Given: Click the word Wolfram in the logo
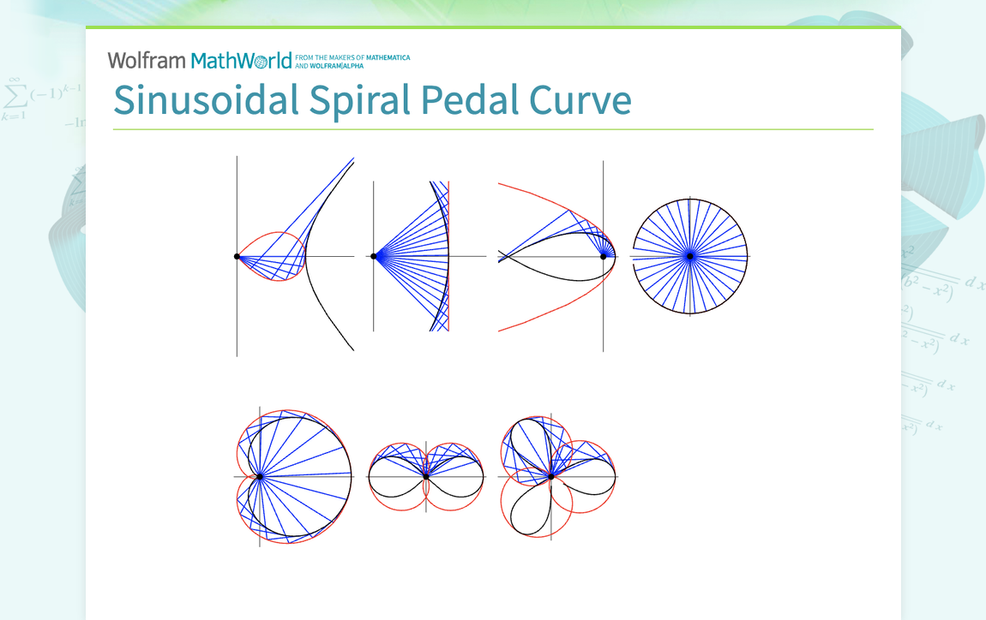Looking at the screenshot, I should coord(147,60).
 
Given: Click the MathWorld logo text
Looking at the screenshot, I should coord(242,60).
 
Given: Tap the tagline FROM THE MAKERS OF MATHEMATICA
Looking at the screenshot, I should coord(352,58).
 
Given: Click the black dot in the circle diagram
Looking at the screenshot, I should coord(689,256).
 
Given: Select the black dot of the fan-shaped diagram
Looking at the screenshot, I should coord(375,256).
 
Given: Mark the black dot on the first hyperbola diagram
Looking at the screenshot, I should coord(237,256).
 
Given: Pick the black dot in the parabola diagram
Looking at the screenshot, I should coord(604,256).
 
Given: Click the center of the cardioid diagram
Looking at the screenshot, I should coord(260,476).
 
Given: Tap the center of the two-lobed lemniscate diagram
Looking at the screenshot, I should coord(425,476).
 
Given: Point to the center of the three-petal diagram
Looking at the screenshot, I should coord(551,476).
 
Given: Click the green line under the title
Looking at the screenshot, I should coord(493,129).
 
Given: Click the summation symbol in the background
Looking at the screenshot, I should coord(14,92).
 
